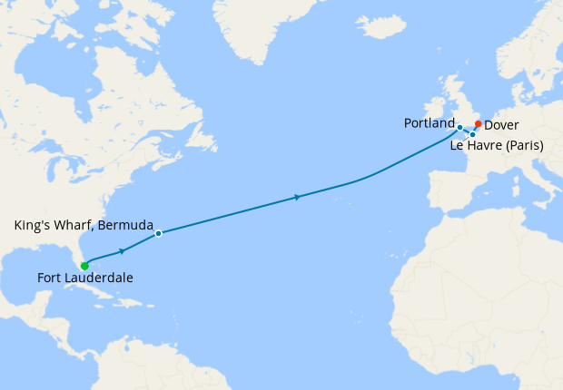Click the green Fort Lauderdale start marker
(x=84, y=266)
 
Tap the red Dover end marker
(x=479, y=124)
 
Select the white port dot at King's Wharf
(x=158, y=233)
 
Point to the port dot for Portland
(x=459, y=127)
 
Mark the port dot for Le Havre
(x=472, y=134)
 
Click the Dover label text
(x=502, y=125)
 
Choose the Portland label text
(x=429, y=122)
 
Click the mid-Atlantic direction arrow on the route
(x=298, y=197)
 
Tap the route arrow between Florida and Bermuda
(x=122, y=251)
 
